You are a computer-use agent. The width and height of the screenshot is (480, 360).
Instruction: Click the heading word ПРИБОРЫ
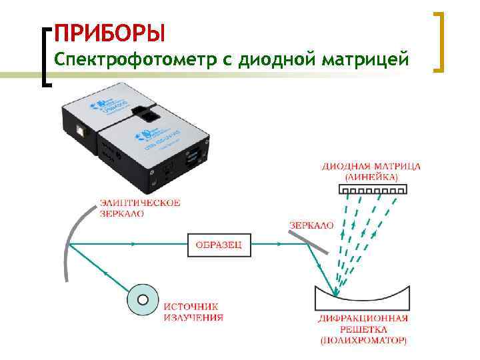tap(109, 33)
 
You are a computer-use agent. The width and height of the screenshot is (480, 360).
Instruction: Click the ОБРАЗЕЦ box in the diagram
tap(219, 245)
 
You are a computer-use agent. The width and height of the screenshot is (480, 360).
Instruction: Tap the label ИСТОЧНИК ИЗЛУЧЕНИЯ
tap(193, 312)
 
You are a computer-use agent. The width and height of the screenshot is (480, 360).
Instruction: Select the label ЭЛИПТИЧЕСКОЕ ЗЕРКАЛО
tap(139, 209)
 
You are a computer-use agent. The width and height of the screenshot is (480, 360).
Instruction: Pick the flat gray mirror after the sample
tap(309, 241)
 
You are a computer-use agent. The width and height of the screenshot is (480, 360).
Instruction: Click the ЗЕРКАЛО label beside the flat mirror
tap(311, 226)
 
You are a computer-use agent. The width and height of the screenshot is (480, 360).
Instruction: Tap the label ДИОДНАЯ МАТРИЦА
tap(371, 166)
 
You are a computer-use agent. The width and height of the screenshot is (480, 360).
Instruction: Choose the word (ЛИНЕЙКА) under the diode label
tap(371, 177)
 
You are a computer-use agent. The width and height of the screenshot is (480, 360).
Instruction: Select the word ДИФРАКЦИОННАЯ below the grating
tap(363, 319)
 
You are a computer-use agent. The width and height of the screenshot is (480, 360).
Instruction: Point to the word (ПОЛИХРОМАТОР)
tap(363, 341)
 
